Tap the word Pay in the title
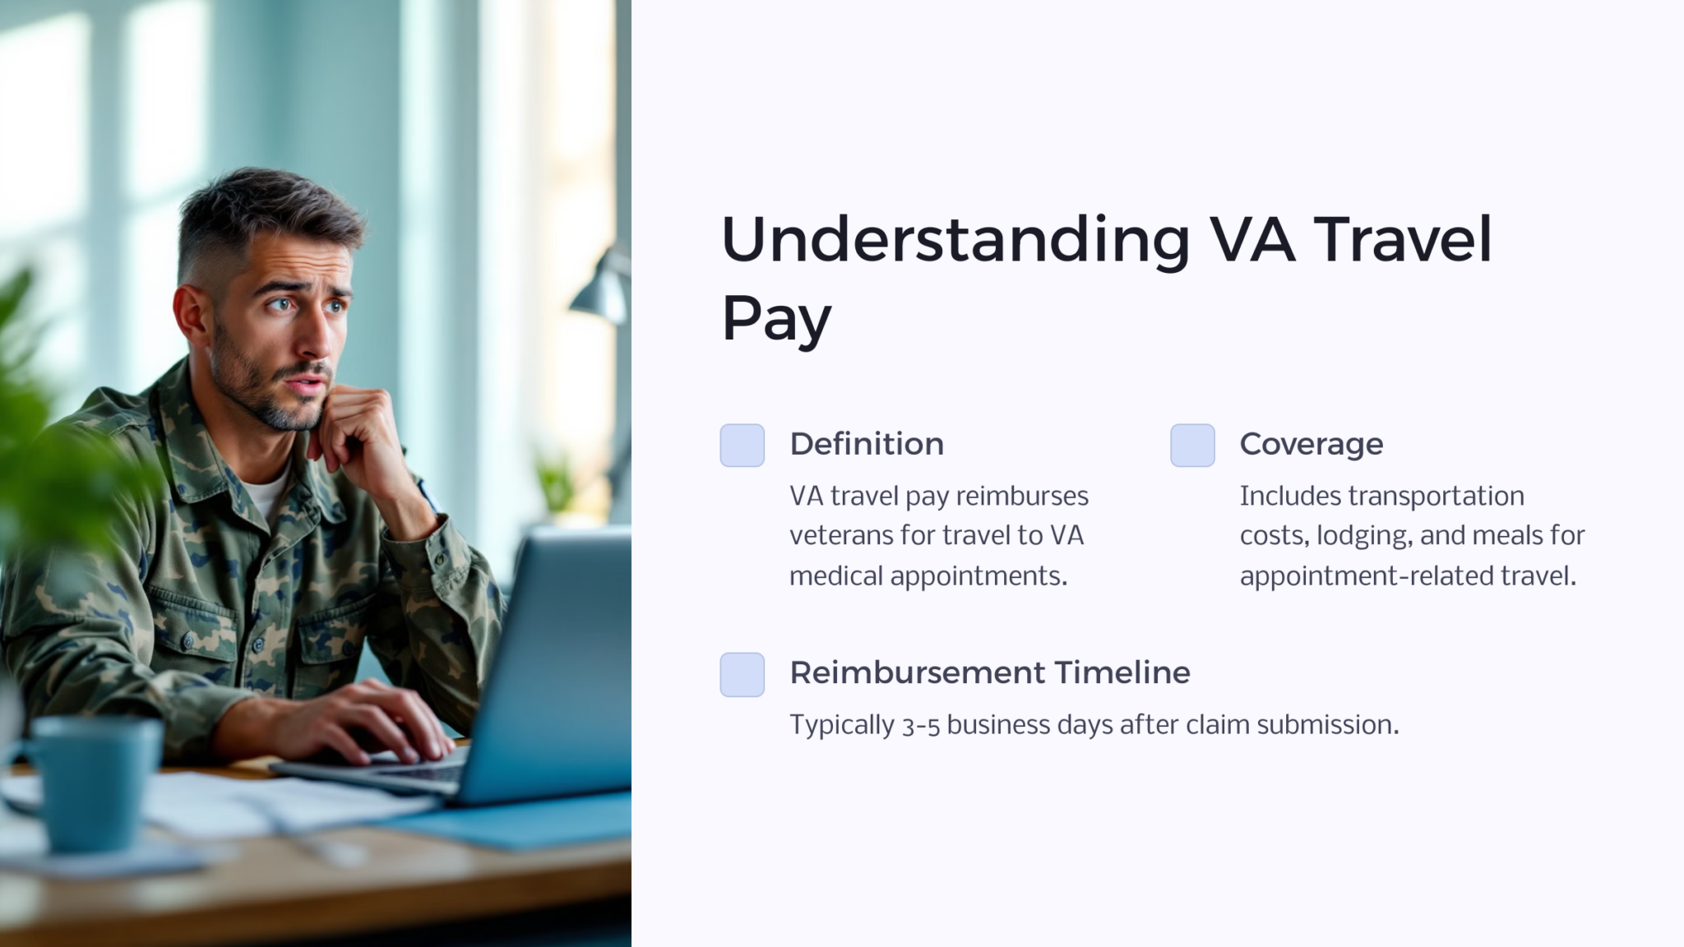776,319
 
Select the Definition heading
867,444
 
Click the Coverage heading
1311,444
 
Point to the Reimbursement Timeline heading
989,672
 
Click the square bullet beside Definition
742,446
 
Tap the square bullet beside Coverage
1192,446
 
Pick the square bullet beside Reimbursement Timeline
742,675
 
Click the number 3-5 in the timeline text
920,726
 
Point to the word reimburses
1022,497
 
